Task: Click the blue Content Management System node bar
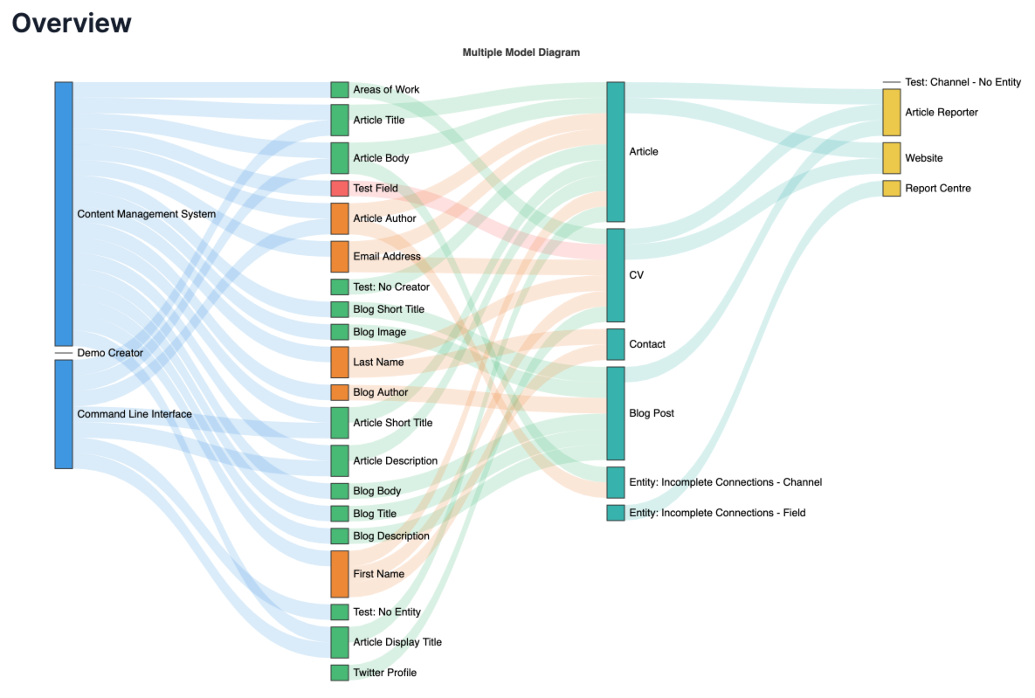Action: pos(64,213)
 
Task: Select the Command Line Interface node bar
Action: pos(64,414)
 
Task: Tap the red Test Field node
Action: pos(340,188)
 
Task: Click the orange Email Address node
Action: pos(340,257)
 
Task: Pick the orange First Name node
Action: pos(340,574)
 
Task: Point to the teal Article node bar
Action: pos(616,152)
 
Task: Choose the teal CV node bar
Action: pos(616,275)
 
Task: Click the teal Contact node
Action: pos(616,344)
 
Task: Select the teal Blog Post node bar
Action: pos(616,413)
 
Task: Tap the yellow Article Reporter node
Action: pos(891,112)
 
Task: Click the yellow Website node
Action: pos(891,158)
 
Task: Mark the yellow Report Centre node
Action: pos(891,188)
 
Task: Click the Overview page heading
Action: pos(72,23)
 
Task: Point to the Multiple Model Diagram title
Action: pos(521,52)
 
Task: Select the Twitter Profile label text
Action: pos(384,673)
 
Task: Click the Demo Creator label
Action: pos(110,353)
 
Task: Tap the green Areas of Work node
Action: pos(340,89)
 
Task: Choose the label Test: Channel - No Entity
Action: pos(963,82)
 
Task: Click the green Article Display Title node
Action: pos(340,642)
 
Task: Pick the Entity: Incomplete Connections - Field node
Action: pos(616,513)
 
